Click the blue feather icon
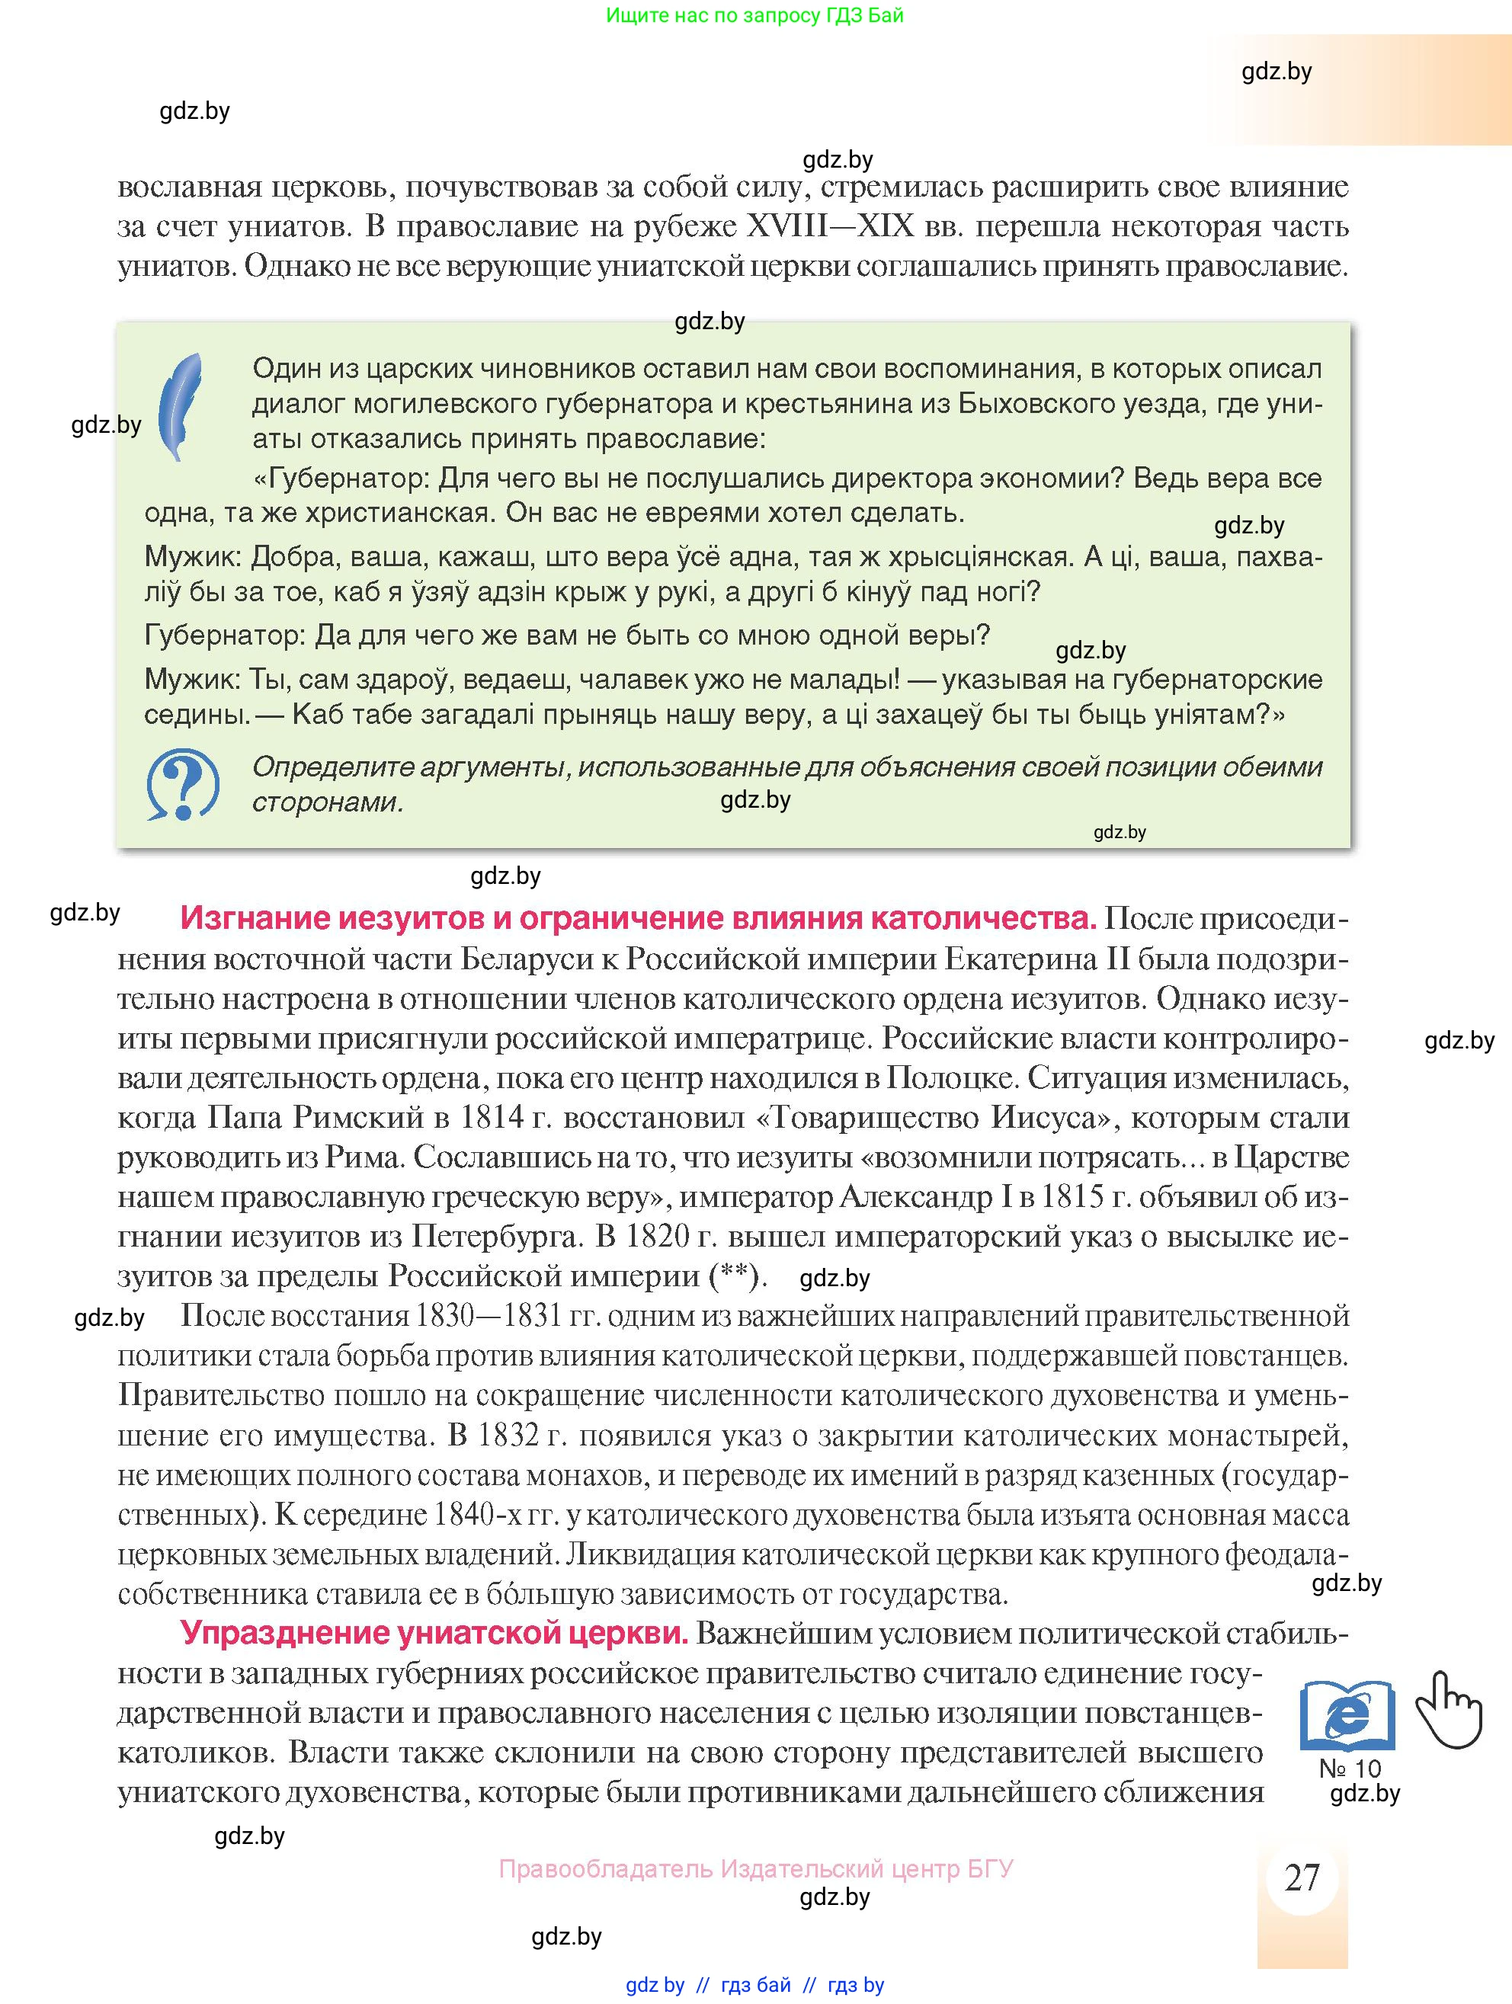[181, 407]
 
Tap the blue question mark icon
[183, 785]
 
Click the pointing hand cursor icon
[1448, 1711]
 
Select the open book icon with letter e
[1347, 1715]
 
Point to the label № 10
[1350, 1769]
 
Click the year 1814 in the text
[491, 1117]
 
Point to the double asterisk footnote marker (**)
[734, 1276]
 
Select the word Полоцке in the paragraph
[953, 1077]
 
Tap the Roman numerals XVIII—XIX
[829, 226]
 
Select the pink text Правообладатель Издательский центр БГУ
[755, 1868]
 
